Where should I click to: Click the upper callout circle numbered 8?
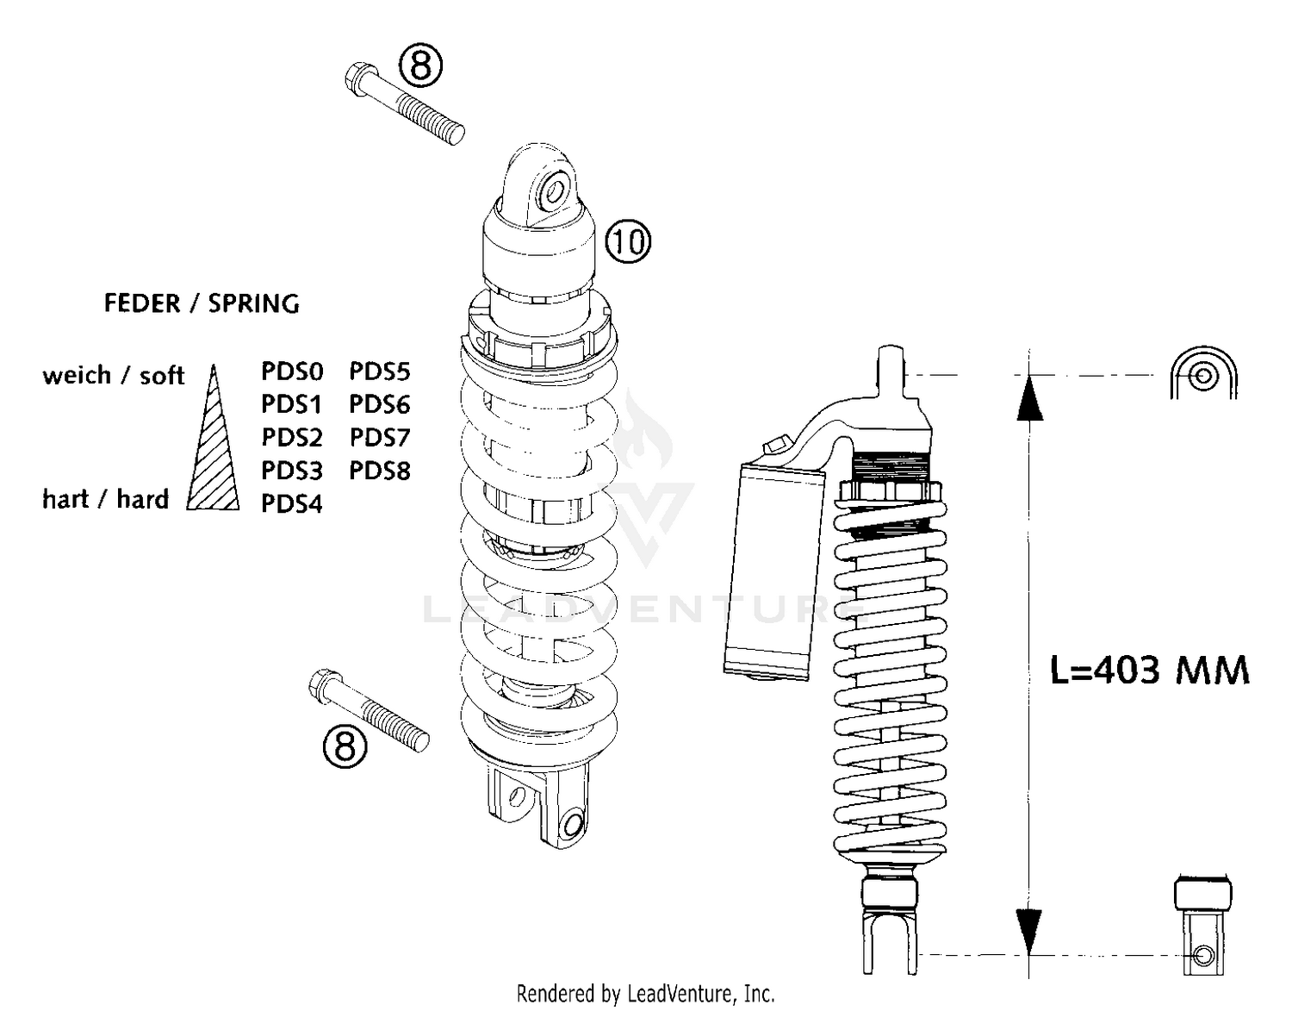420,66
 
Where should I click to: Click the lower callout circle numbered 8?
345,746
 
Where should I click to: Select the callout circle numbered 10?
628,241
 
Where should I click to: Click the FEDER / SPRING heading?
202,303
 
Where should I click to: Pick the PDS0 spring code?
292,371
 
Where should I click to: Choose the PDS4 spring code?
292,503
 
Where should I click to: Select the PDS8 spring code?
380,471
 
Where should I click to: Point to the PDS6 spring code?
380,404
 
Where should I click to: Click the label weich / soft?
113,376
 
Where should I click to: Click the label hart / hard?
105,499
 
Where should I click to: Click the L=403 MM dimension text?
1149,670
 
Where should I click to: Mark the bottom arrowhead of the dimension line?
1029,931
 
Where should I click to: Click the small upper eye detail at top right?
1203,375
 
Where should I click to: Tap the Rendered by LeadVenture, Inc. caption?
645,994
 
